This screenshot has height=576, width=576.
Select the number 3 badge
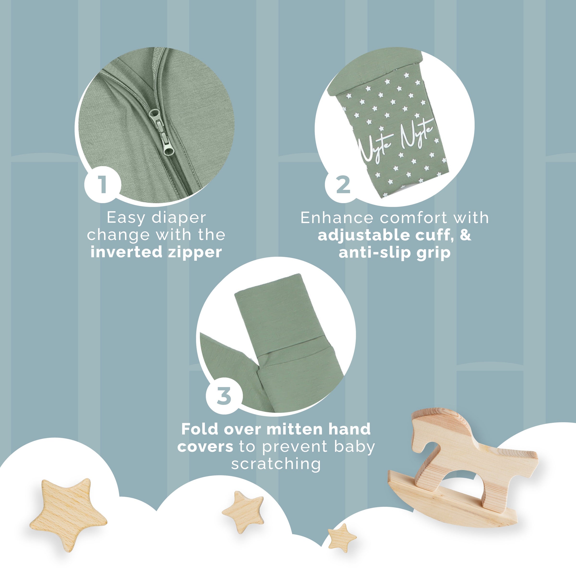[224, 396]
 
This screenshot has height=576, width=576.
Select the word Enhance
[336, 218]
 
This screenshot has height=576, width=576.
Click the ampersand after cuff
[465, 235]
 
